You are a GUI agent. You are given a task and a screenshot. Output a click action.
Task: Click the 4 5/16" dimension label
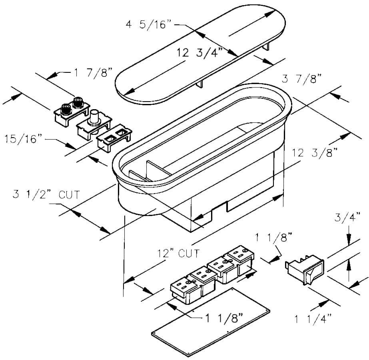point(149,24)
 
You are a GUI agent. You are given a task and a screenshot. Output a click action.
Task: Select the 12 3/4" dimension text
point(200,52)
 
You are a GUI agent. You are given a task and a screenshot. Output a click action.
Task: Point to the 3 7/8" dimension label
point(301,78)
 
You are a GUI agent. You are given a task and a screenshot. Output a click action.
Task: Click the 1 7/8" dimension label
point(94,72)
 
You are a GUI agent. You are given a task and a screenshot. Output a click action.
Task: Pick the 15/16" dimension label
point(24,139)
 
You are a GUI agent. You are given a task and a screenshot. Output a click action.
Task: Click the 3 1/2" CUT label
point(46,194)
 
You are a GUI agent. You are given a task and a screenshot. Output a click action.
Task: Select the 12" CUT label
point(178,253)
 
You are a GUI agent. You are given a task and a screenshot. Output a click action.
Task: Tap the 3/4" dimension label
point(347,217)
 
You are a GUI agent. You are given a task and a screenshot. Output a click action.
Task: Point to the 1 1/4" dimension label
point(313,319)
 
